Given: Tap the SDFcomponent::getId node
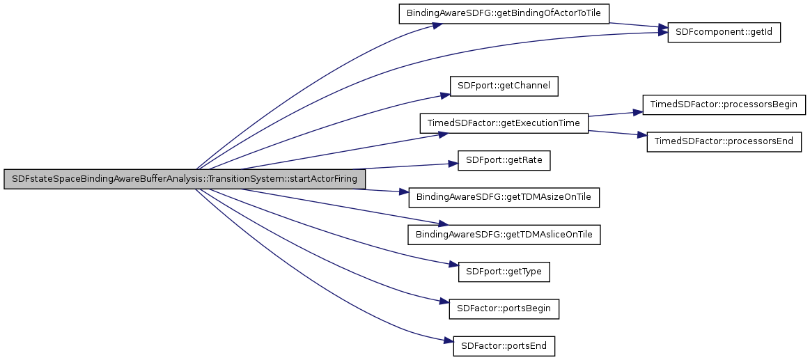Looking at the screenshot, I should tap(724, 33).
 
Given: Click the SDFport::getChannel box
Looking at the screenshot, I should tap(504, 86).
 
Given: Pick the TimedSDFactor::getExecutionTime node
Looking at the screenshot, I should tap(504, 123).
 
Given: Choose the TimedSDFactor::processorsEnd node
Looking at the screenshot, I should tap(724, 142).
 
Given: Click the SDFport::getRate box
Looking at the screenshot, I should tap(504, 161).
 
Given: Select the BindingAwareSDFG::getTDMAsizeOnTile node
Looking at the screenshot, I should tap(504, 197).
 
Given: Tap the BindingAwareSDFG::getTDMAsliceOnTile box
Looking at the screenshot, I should tap(504, 235).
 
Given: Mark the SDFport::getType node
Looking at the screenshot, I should tap(504, 272).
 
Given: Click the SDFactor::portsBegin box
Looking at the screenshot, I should tap(504, 308).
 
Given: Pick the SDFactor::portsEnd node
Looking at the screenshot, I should tap(504, 345).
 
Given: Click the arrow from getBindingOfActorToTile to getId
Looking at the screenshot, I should tap(637, 26).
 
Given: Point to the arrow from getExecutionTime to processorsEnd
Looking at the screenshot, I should tap(613, 133).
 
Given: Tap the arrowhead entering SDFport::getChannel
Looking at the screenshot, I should tap(446, 95).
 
